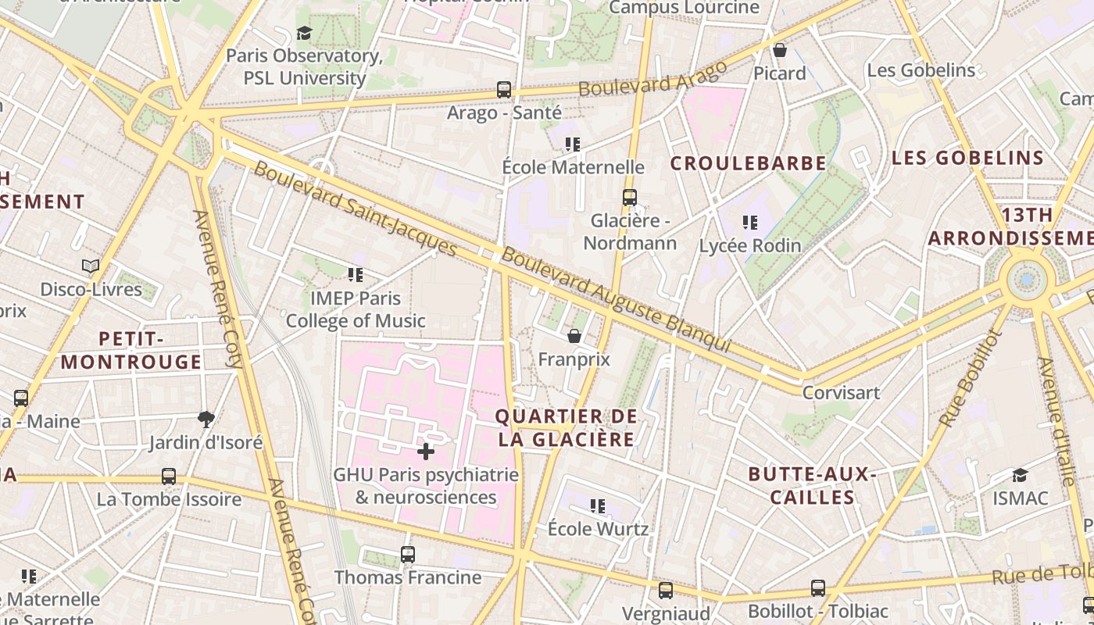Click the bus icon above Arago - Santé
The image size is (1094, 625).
[x=504, y=90]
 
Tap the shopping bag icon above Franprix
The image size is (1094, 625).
[x=574, y=336]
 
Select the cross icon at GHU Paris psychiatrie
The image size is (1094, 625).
[x=426, y=451]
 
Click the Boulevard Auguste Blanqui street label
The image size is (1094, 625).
[x=616, y=300]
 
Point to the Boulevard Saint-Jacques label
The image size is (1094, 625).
[x=355, y=209]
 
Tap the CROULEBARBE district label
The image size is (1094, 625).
[x=748, y=163]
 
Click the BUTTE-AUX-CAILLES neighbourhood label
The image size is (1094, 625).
[x=812, y=486]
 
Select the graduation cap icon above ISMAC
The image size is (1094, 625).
[x=1020, y=475]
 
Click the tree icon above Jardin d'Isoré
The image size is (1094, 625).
[x=206, y=420]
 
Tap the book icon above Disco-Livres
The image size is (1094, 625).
[x=91, y=266]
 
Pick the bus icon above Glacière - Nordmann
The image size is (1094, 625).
[x=629, y=198]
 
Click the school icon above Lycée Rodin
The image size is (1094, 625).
[x=750, y=223]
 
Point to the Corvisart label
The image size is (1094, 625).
[x=841, y=392]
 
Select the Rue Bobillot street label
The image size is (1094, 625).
[x=969, y=379]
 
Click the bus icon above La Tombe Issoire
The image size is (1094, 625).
[x=168, y=476]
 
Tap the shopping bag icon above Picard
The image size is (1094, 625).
[x=779, y=51]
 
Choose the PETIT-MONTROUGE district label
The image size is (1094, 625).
[x=131, y=350]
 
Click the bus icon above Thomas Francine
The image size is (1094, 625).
[x=407, y=555]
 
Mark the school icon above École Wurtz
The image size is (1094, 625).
[x=598, y=506]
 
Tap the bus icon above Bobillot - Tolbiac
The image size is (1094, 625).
[x=817, y=587]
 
